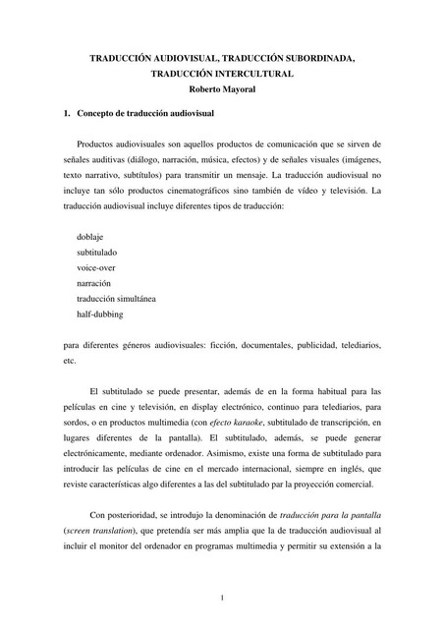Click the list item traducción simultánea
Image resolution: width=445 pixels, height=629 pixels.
(x=115, y=299)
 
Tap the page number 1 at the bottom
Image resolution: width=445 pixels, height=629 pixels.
(x=223, y=598)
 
